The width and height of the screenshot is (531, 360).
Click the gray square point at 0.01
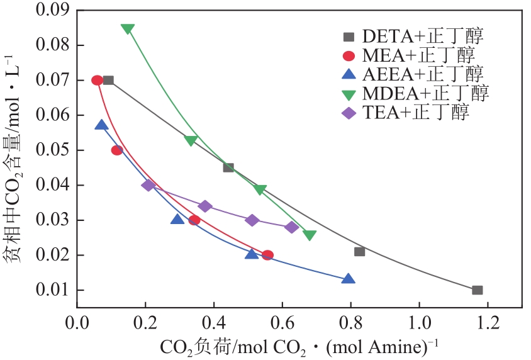478,290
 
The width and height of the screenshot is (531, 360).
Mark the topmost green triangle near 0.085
128,29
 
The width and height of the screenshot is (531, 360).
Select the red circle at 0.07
98,80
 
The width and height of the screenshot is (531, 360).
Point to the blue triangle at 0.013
348,279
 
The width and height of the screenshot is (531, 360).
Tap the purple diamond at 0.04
148,185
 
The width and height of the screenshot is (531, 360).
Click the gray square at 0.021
360,252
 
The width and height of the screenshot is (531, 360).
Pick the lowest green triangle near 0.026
309,235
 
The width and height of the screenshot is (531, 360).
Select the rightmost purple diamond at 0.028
292,227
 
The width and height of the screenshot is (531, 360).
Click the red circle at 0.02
267,255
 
